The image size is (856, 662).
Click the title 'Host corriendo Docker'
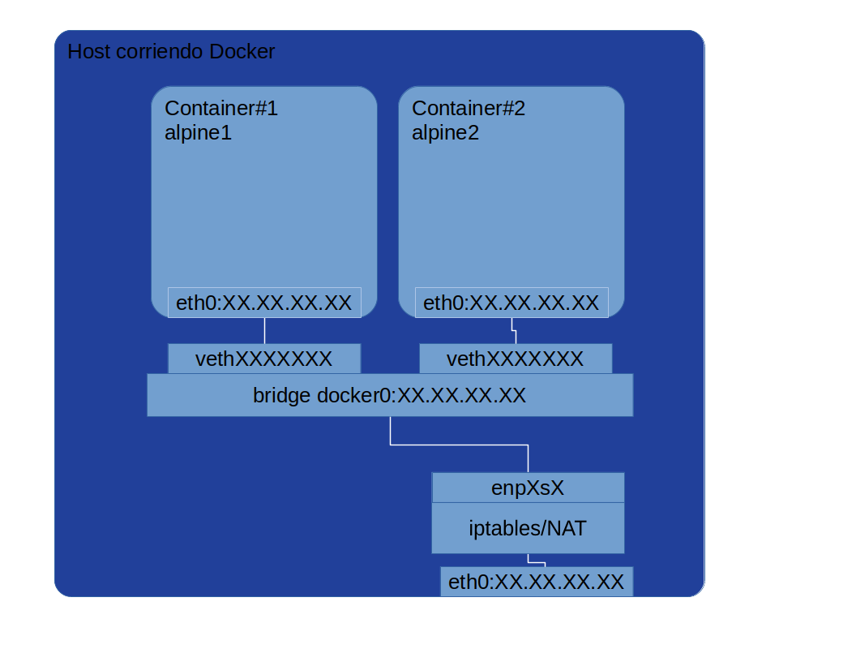pyautogui.click(x=171, y=52)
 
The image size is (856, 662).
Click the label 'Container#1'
pyautogui.click(x=221, y=108)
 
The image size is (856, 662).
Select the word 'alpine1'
pyautogui.click(x=198, y=132)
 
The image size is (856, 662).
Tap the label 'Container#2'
pyautogui.click(x=469, y=108)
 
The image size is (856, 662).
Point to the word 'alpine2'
pyautogui.click(x=445, y=132)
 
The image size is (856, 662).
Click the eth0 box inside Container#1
pyautogui.click(x=264, y=303)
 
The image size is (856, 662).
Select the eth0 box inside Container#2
pyautogui.click(x=511, y=303)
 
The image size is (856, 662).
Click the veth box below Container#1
pyautogui.click(x=264, y=359)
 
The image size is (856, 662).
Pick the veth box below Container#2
pyautogui.click(x=516, y=359)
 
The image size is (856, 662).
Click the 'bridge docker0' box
pyautogui.click(x=390, y=395)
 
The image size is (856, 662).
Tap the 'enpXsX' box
pyautogui.click(x=528, y=488)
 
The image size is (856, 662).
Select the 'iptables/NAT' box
pyautogui.click(x=528, y=528)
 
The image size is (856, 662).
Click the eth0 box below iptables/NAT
pyautogui.click(x=536, y=582)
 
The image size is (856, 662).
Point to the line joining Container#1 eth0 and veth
pyautogui.click(x=264, y=331)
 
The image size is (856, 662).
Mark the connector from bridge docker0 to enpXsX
pyautogui.click(x=459, y=445)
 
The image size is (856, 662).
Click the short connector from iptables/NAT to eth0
pyautogui.click(x=536, y=561)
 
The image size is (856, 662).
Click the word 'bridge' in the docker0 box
pyautogui.click(x=281, y=395)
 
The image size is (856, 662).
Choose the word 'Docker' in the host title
pyautogui.click(x=242, y=52)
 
